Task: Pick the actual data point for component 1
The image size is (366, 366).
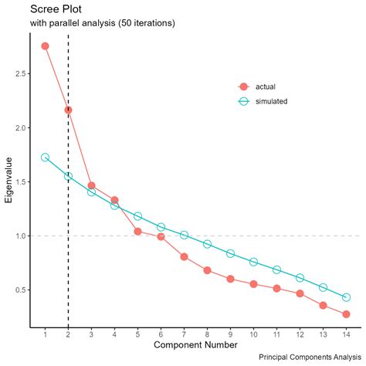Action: tap(45, 46)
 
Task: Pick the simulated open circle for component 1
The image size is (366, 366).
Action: tap(45, 157)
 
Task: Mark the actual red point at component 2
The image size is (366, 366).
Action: tap(68, 110)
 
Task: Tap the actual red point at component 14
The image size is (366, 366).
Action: tap(346, 314)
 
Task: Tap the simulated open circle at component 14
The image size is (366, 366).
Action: tap(346, 297)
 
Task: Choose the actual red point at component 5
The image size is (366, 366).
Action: tap(137, 232)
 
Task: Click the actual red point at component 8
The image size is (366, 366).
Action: tap(207, 270)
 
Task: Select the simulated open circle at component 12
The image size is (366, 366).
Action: tap(300, 278)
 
